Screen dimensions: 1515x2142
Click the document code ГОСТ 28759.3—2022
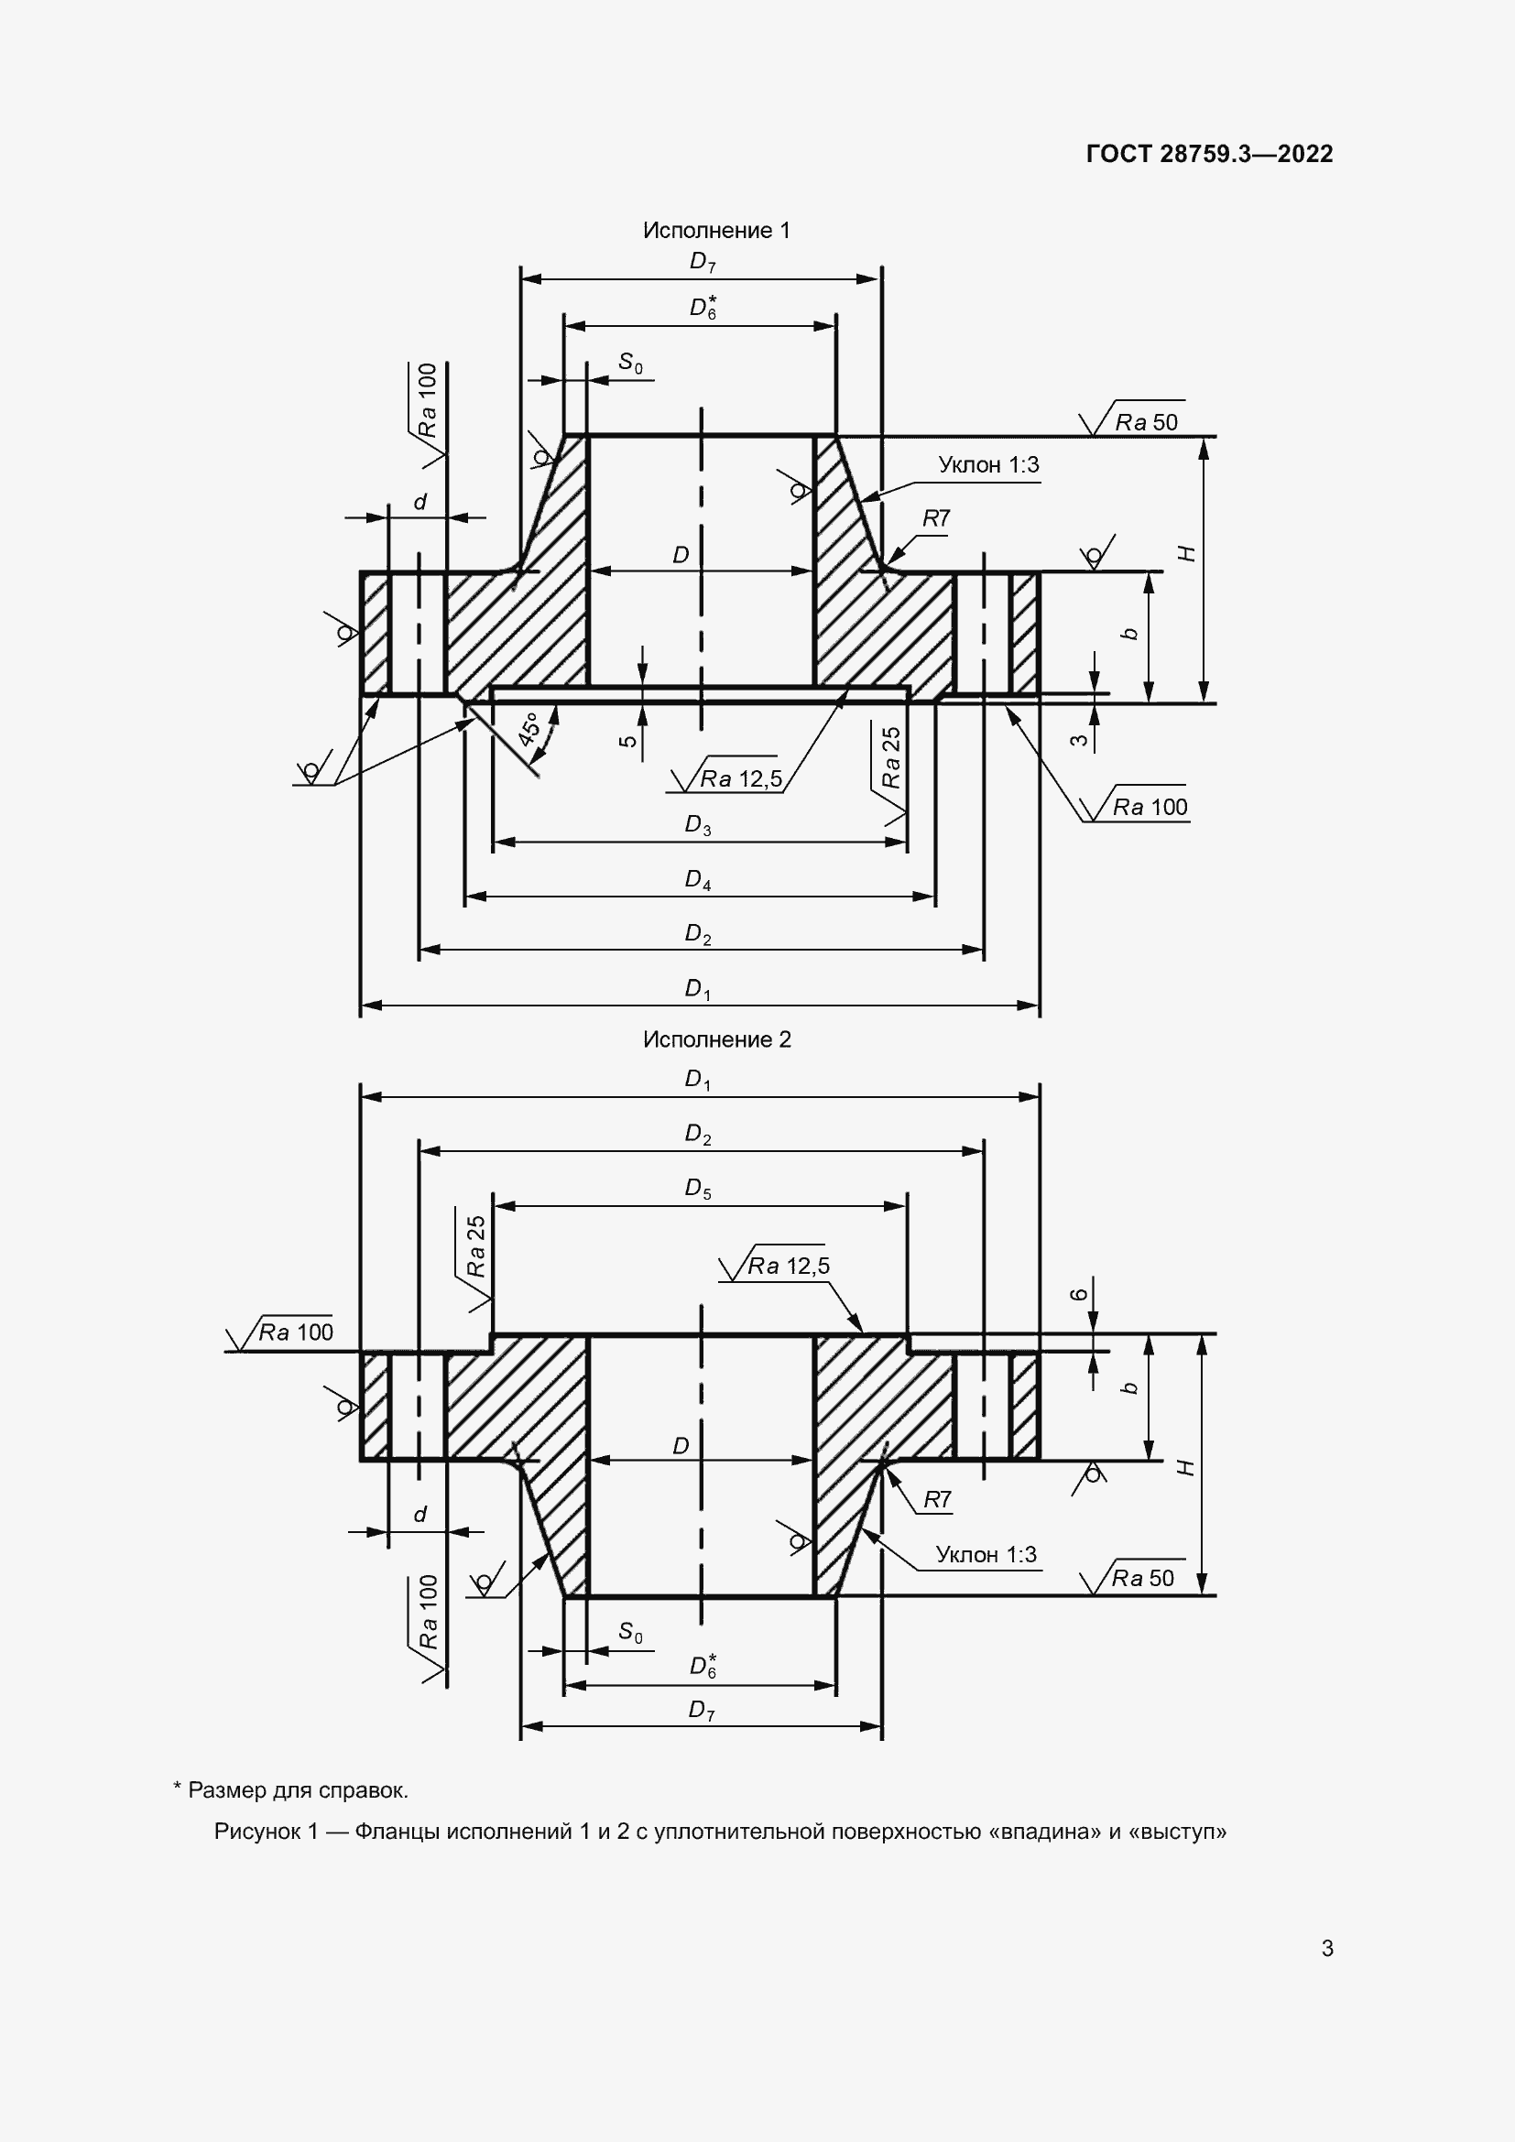(x=1210, y=154)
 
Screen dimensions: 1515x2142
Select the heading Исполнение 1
(x=716, y=231)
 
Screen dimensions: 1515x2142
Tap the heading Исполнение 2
(x=716, y=1039)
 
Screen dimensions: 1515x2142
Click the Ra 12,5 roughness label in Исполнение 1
(x=742, y=779)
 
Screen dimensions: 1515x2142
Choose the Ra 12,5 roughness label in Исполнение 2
(x=789, y=1266)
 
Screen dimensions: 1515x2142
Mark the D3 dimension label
(x=698, y=826)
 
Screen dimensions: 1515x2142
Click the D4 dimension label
(x=698, y=880)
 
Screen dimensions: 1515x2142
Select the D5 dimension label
(x=698, y=1188)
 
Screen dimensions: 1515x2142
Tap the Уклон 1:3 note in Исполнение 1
(x=989, y=464)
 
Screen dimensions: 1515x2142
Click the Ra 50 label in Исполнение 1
(x=1147, y=422)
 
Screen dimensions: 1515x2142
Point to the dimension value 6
(x=1078, y=1294)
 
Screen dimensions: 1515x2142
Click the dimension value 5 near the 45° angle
(x=628, y=742)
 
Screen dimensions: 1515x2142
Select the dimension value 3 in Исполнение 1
(x=1079, y=740)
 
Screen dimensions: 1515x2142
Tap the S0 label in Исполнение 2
(x=630, y=1632)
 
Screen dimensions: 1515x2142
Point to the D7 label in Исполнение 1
(x=703, y=262)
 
